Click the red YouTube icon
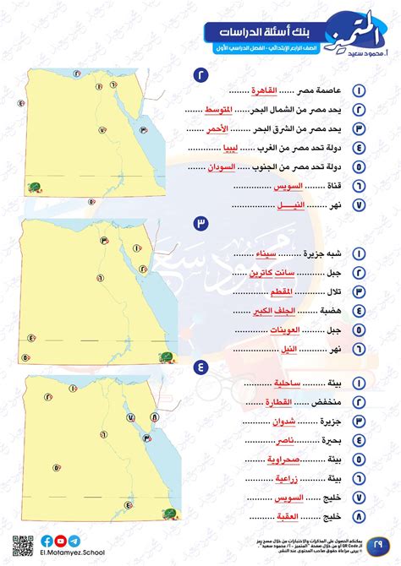59,542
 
